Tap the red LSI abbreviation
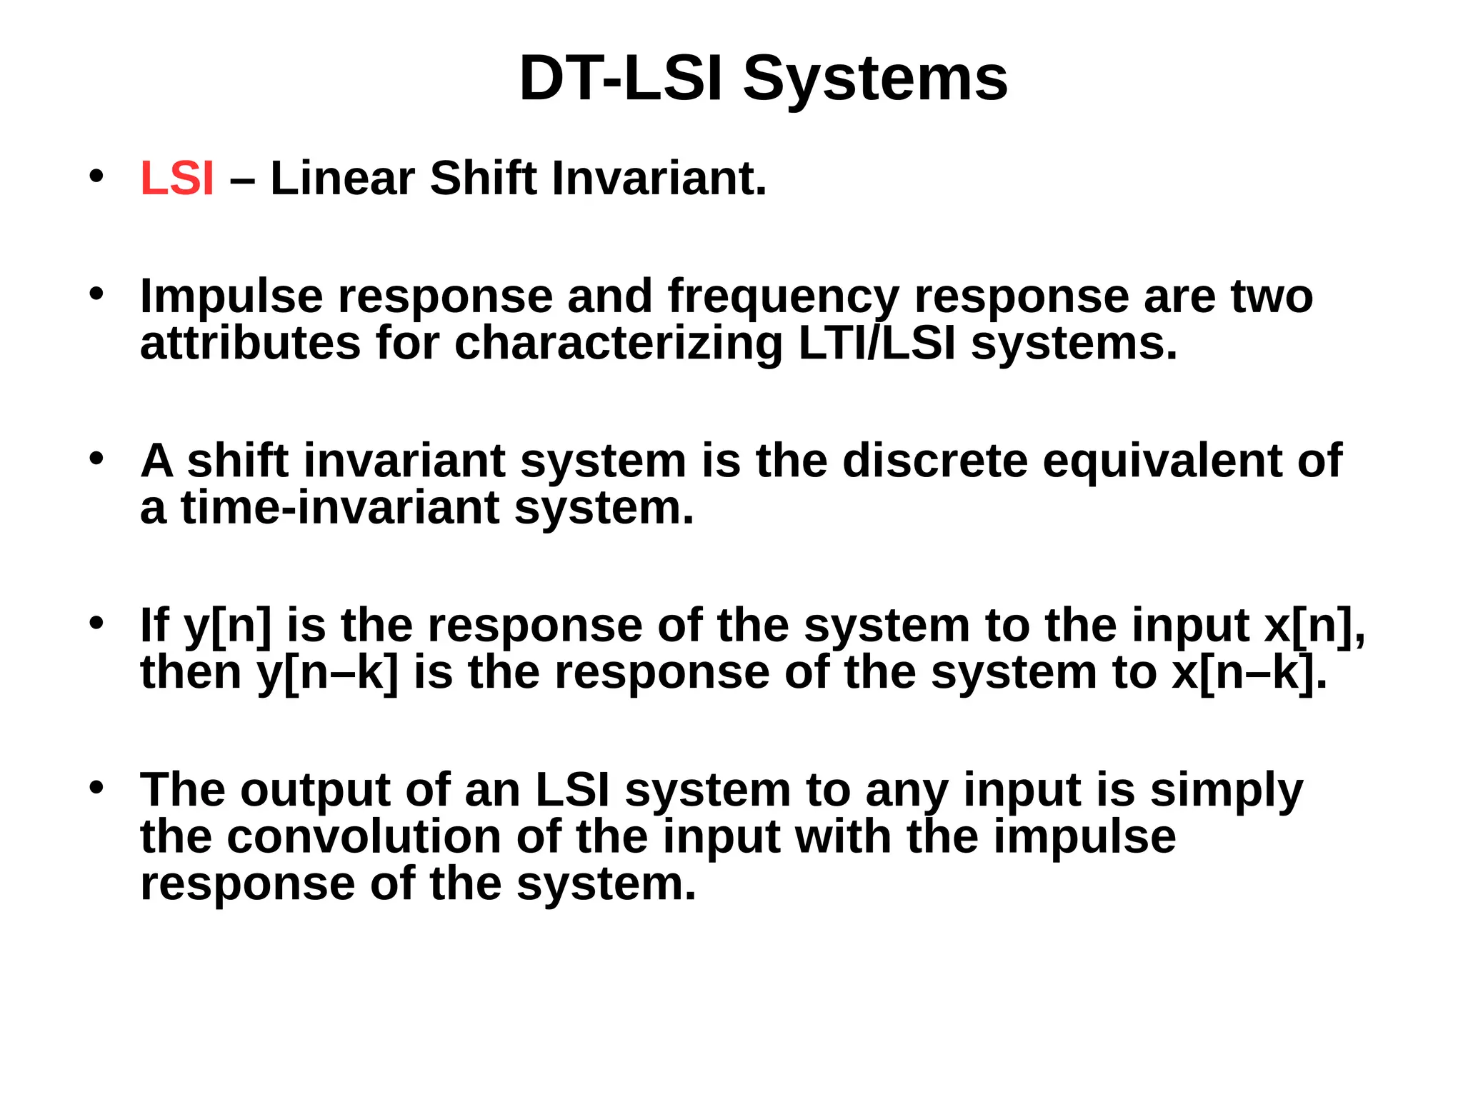[177, 178]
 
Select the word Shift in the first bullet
[483, 178]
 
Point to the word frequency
[783, 297]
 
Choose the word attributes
[250, 344]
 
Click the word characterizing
[618, 345]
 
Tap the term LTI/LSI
[877, 344]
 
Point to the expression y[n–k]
[328, 673]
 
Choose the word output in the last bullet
[315, 791]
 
